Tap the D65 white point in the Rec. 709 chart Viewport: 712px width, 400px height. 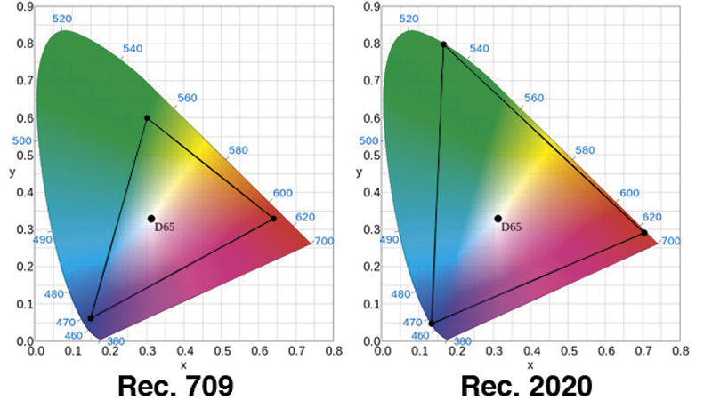[151, 219]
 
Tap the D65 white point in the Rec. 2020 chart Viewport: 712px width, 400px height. [498, 219]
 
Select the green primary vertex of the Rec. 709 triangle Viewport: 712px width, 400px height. [147, 118]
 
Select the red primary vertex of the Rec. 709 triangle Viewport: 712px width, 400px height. [273, 219]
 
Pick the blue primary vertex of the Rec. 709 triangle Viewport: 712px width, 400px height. [91, 318]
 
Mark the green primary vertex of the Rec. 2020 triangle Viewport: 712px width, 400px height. [443, 44]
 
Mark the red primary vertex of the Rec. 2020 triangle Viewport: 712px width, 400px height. [644, 233]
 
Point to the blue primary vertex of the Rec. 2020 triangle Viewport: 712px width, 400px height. [432, 324]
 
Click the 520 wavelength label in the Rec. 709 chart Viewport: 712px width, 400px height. [61, 19]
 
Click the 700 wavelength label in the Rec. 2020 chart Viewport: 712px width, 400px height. [670, 242]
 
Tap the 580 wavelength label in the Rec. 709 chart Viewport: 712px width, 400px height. [239, 151]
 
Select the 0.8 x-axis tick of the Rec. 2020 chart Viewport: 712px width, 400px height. [681, 351]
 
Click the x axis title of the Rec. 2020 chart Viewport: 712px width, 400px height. [532, 365]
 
